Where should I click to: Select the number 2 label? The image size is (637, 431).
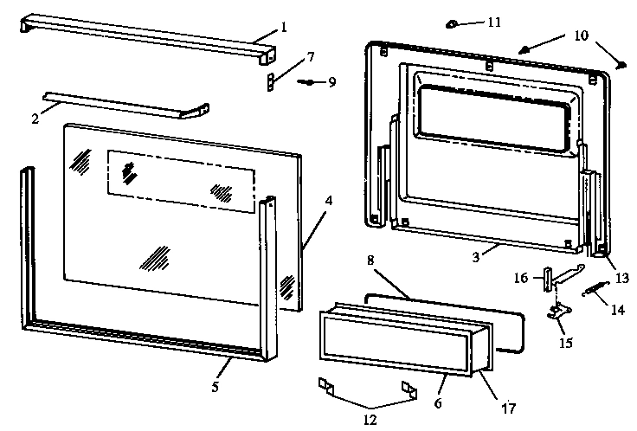35,119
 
